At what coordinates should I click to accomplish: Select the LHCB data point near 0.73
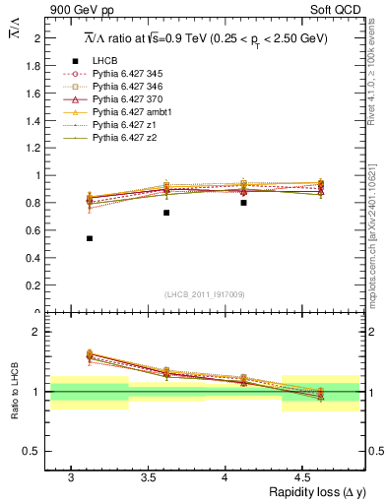coord(166,213)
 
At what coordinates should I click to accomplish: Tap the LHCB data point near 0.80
coord(243,203)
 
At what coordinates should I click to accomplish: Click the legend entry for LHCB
coord(105,61)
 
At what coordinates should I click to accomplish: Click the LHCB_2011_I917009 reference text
coord(204,294)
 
